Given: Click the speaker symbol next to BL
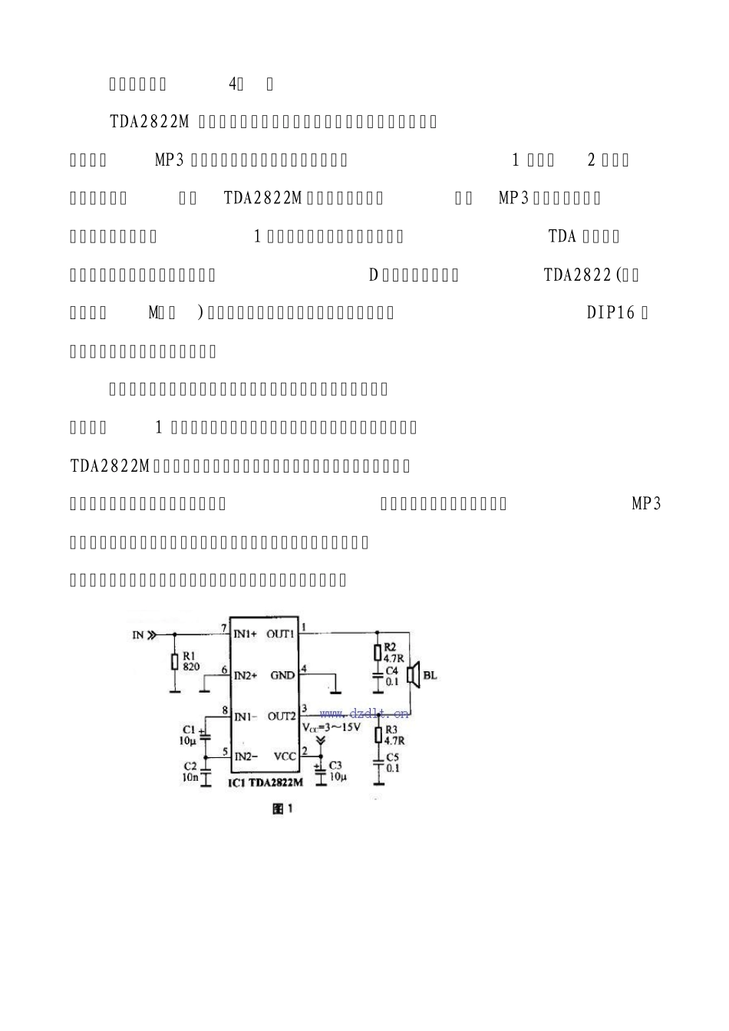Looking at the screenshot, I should tap(412, 675).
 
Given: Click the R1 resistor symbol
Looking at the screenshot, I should tap(174, 660).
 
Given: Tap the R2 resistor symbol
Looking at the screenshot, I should tap(378, 652).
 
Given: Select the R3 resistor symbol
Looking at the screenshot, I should tap(378, 735).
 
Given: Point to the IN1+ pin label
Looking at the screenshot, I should tap(246, 634).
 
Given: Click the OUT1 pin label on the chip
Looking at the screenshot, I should tap(281, 634).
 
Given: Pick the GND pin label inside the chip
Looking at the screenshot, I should tap(282, 675).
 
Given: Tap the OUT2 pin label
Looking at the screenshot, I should tap(281, 716).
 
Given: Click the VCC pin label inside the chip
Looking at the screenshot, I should tap(285, 756).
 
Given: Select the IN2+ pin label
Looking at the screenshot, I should tap(246, 675).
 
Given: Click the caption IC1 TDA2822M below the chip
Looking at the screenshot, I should tap(265, 784).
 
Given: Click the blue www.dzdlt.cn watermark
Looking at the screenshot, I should tap(364, 713).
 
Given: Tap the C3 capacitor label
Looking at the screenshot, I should tap(336, 766).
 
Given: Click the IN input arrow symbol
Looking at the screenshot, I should tap(152, 635).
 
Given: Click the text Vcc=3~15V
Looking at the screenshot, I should tap(331, 727).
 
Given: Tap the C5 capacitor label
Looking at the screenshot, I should tap(391, 757).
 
